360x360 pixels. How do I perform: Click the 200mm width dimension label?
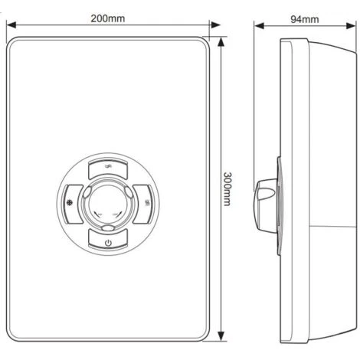[x=108, y=18]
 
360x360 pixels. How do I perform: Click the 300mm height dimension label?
[x=227, y=189]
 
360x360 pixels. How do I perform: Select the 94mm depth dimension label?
[x=305, y=19]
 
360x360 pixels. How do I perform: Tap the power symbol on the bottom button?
[x=108, y=243]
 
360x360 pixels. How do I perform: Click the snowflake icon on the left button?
[x=70, y=203]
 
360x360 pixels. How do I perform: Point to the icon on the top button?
[x=109, y=167]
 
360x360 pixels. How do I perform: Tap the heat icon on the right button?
[x=147, y=203]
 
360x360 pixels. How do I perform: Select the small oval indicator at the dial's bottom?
[x=107, y=227]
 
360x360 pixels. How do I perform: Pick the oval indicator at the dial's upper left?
[x=87, y=192]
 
